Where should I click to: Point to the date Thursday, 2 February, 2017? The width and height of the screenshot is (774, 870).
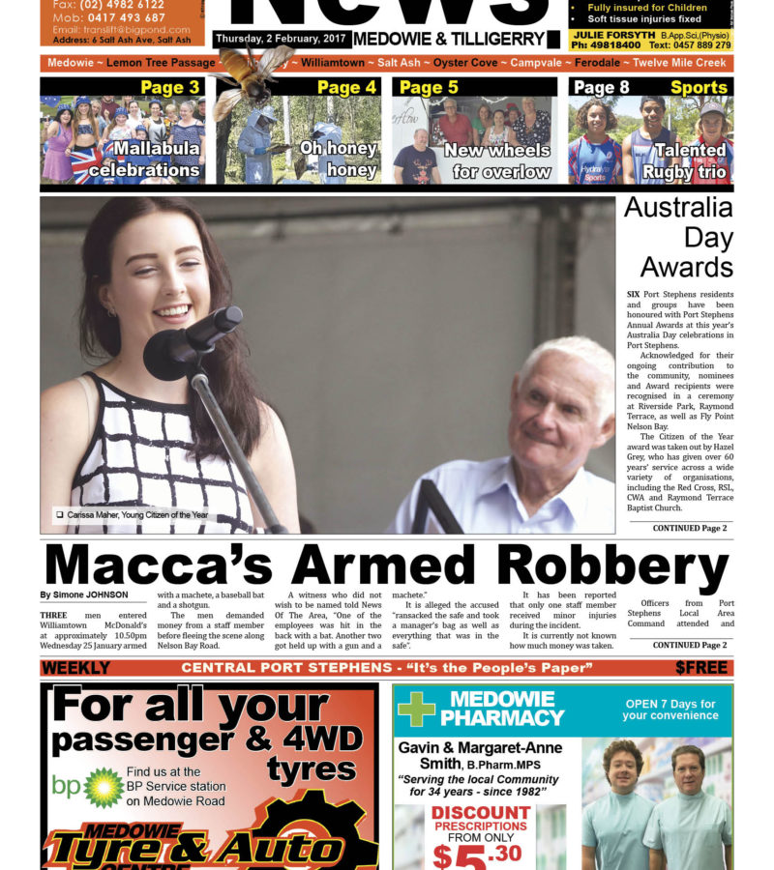point(280,38)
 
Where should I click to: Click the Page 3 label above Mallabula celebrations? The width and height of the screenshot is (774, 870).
point(169,88)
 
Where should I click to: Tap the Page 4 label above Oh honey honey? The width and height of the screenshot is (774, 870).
point(346,88)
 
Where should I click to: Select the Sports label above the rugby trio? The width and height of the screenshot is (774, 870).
point(699,88)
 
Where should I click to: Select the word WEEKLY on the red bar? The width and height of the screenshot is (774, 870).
point(76,668)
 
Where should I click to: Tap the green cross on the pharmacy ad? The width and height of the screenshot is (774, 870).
point(416,709)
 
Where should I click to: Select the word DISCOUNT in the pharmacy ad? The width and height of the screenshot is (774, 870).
point(480,813)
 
